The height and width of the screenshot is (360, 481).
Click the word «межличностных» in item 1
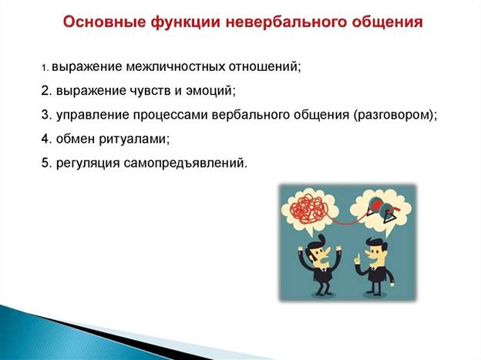(x=175, y=67)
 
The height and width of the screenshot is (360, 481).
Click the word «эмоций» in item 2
(x=210, y=91)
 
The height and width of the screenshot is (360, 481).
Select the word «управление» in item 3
(x=92, y=116)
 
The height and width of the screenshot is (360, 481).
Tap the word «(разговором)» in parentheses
(x=394, y=115)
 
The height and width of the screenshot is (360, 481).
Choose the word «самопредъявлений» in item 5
(x=185, y=163)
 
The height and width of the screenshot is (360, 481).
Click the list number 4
(x=46, y=139)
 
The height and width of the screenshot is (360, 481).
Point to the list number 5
(x=46, y=163)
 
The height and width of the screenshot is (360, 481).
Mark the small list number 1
(x=45, y=68)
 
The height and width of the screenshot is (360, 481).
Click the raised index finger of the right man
(x=357, y=257)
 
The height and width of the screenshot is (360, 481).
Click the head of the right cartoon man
(x=375, y=251)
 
